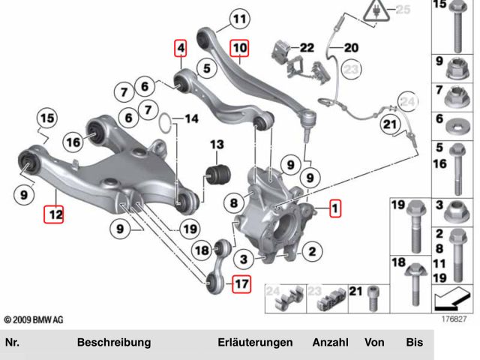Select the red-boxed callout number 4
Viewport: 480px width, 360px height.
[180, 49]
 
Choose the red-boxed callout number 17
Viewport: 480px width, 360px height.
[241, 284]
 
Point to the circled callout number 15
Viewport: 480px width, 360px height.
[47, 118]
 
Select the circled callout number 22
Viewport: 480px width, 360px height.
[306, 47]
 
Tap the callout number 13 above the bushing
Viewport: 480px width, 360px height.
[217, 144]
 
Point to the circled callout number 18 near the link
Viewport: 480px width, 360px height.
[202, 250]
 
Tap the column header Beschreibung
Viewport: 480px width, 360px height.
[114, 343]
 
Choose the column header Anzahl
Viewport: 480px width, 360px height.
[330, 343]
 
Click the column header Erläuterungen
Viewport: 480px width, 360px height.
[255, 343]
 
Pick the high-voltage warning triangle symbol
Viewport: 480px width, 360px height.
[370, 11]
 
